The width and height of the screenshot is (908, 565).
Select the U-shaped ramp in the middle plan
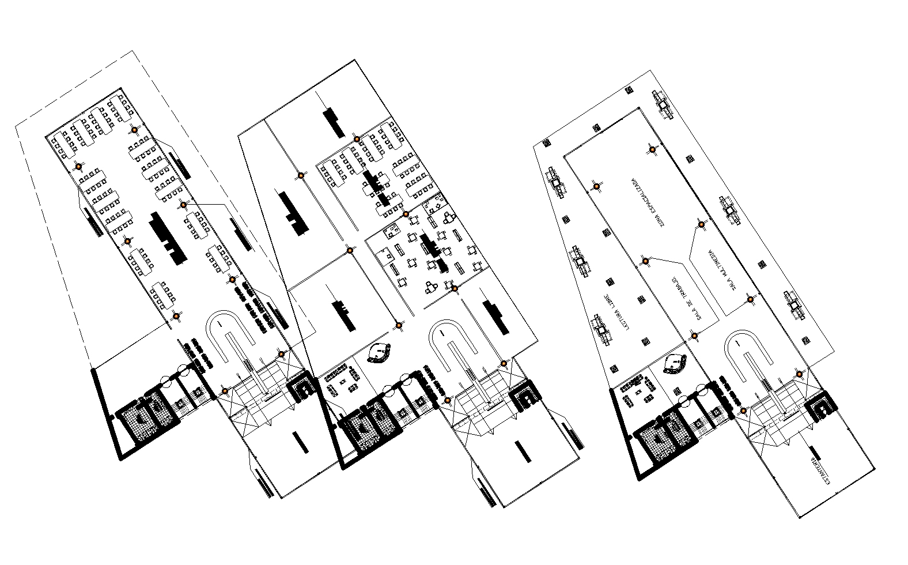point(455,346)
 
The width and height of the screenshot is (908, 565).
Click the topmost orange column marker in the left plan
point(134,130)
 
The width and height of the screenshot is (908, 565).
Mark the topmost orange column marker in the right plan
point(652,150)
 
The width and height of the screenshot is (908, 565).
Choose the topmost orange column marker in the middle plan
point(357,139)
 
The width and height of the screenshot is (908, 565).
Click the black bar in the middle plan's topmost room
point(334,122)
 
